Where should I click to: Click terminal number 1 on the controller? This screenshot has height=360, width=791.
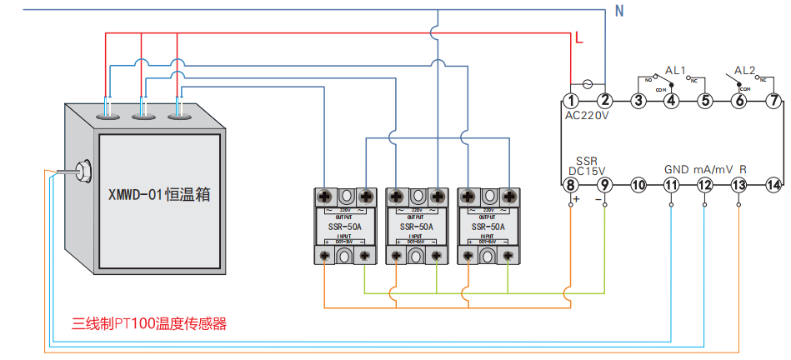pos(572,101)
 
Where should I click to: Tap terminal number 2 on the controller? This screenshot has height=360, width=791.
pos(606,101)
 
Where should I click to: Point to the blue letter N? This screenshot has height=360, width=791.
pos(618,11)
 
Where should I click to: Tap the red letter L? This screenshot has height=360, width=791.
pos(578,38)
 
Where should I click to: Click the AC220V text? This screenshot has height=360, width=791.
pos(587,116)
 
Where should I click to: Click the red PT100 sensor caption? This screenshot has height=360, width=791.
pos(149,323)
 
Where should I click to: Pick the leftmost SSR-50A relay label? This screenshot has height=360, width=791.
pos(344,226)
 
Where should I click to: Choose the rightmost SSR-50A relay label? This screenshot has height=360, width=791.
pos(488,226)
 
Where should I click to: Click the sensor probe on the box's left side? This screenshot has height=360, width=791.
pos(83,171)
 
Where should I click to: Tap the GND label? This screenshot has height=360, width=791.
pos(676,169)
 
